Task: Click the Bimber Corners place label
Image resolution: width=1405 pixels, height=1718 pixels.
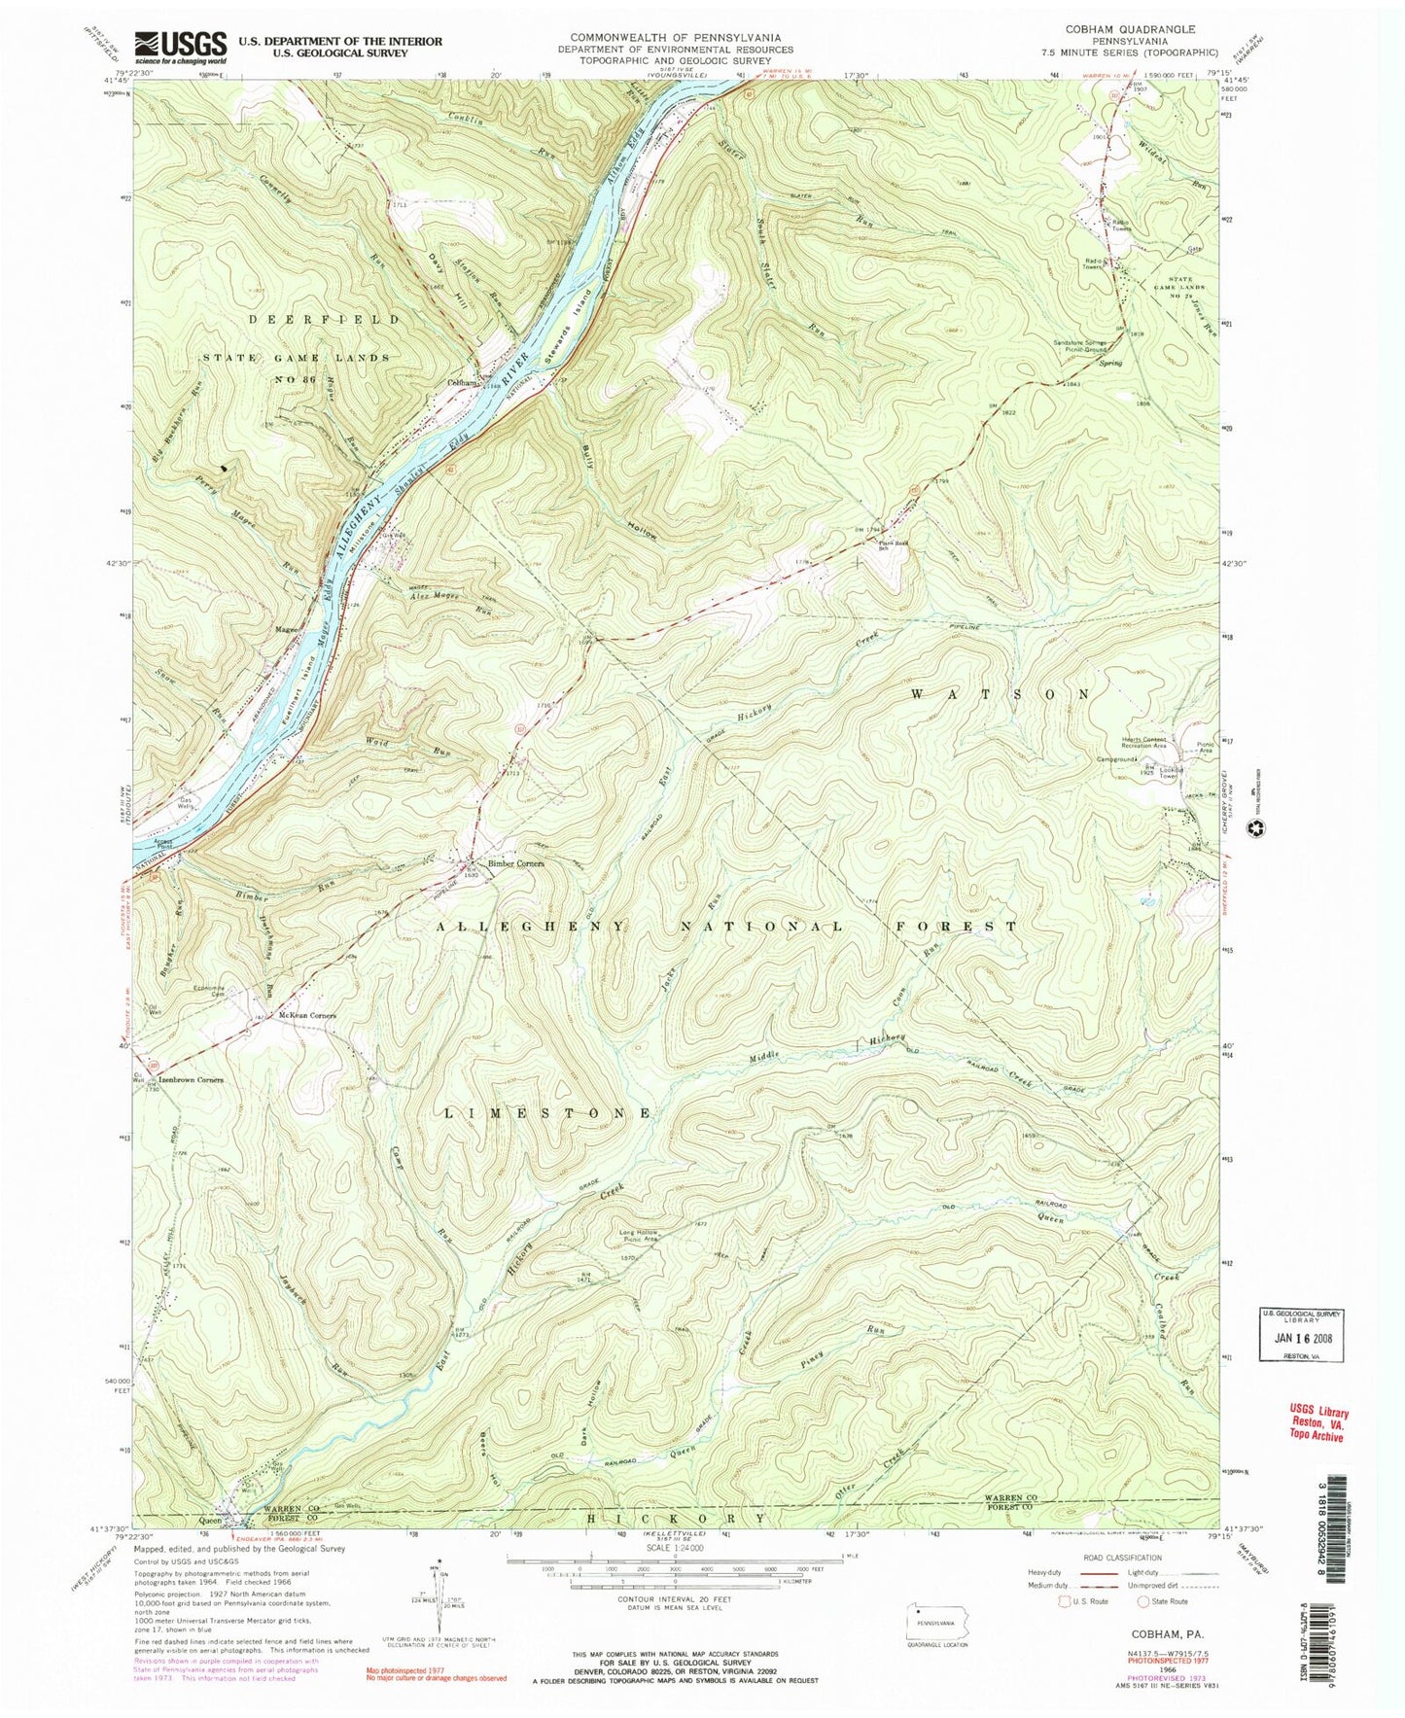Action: click(x=515, y=863)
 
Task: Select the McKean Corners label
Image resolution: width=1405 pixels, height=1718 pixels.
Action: click(x=306, y=1015)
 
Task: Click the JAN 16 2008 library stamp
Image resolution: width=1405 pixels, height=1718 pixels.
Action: click(x=1301, y=1337)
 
